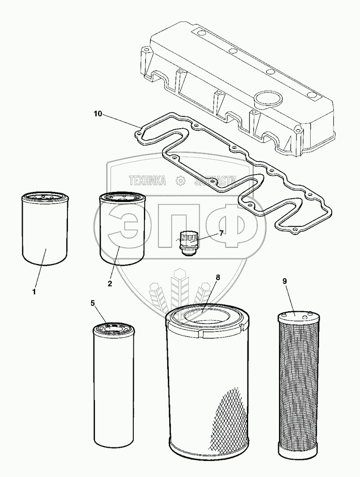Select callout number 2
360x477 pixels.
[110, 284]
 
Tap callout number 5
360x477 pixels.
[93, 302]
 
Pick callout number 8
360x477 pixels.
[218, 277]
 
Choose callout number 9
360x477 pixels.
[285, 280]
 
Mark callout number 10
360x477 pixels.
[98, 114]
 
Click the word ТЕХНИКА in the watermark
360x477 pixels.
[147, 181]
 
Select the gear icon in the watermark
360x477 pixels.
[180, 181]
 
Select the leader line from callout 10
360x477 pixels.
[120, 120]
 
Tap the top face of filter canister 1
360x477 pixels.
[43, 197]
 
